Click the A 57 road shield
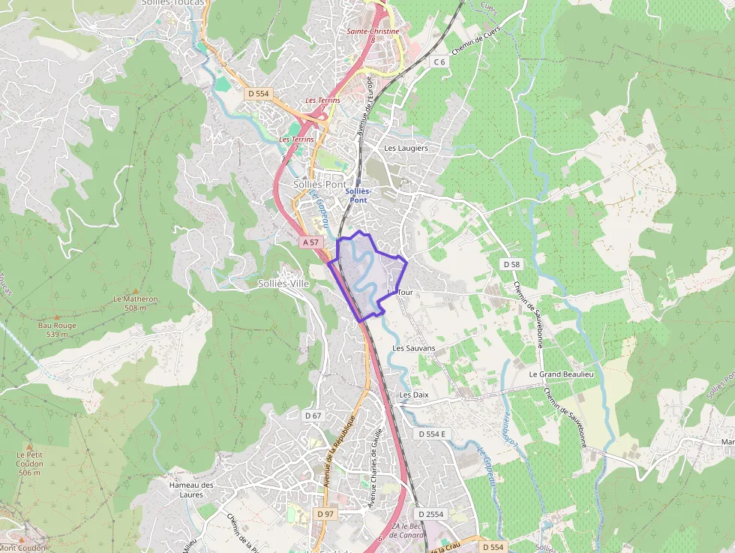[311, 242]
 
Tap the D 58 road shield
[511, 264]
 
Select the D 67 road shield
[313, 415]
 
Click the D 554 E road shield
[432, 434]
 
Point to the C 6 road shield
[439, 62]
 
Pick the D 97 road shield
[325, 513]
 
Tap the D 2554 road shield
[430, 514]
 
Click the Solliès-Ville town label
[283, 284]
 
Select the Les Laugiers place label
[406, 148]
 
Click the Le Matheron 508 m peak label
[135, 303]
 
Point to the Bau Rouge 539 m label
[57, 329]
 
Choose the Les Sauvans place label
[413, 348]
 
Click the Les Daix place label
[413, 394]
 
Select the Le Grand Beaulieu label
[561, 374]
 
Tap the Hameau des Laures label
[191, 489]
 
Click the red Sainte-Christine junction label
[373, 32]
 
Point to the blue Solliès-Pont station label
[358, 195]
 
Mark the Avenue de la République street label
[339, 451]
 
